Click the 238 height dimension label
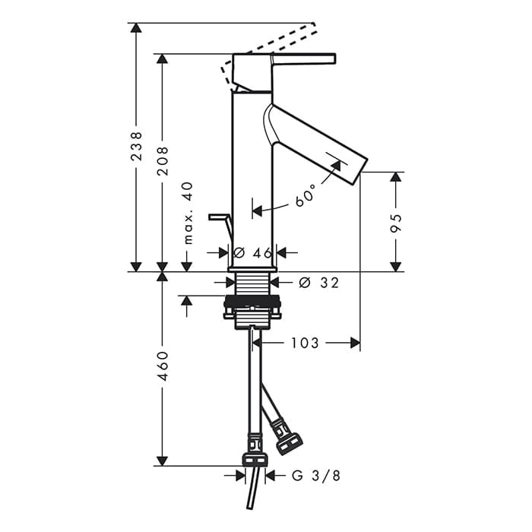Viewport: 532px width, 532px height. tap(136, 146)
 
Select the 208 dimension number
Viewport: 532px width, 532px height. tap(163, 161)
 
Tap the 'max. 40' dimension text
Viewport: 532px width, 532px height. tap(188, 213)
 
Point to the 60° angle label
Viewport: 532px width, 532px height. tap(306, 195)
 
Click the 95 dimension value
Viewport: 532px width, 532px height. tap(396, 223)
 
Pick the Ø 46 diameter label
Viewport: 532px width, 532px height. tap(253, 253)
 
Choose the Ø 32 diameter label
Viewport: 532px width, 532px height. tap(319, 282)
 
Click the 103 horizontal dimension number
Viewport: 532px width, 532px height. tap(305, 343)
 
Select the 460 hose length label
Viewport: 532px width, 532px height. tap(163, 366)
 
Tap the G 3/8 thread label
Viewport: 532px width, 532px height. tap(316, 476)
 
